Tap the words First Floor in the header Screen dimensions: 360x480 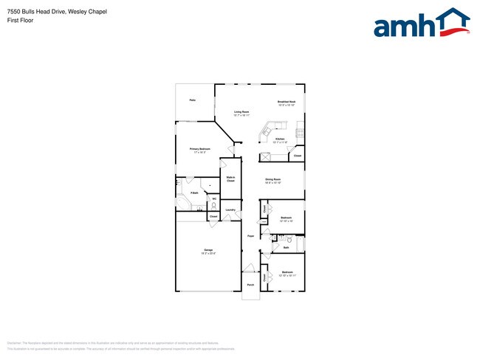click(x=20, y=20)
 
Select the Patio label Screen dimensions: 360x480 click(x=192, y=100)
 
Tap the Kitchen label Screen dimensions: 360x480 click(x=281, y=139)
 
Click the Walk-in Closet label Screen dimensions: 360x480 click(x=230, y=179)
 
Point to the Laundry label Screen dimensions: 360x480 click(x=230, y=210)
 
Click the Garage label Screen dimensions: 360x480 click(x=209, y=251)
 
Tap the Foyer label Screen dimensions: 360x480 click(x=251, y=236)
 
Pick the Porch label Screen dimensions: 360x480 click(x=250, y=284)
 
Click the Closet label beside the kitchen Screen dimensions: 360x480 click(x=297, y=156)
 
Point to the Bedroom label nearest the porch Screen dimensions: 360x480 click(x=287, y=273)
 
